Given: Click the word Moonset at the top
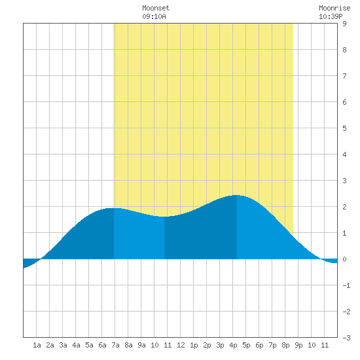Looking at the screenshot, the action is click(x=156, y=8).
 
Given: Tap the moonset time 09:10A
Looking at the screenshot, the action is click(x=154, y=16).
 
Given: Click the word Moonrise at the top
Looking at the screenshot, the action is click(x=334, y=8).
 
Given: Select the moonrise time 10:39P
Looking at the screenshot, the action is click(x=331, y=16).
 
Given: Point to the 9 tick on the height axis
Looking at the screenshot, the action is click(x=344, y=24).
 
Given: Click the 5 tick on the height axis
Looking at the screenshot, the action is click(x=344, y=128).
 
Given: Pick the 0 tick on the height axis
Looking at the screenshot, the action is click(x=344, y=259).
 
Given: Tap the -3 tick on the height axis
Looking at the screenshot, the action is click(x=346, y=338).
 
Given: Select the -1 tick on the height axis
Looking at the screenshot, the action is click(x=346, y=285).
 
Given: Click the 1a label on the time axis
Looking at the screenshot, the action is click(x=37, y=345).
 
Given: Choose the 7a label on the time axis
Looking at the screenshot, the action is click(x=115, y=345).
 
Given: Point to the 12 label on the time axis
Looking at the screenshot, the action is click(x=181, y=345).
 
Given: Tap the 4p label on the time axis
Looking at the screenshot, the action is click(x=233, y=345).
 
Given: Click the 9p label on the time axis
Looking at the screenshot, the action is click(x=298, y=345).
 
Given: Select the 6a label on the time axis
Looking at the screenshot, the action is click(x=102, y=345).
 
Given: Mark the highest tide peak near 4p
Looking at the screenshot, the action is click(x=236, y=195).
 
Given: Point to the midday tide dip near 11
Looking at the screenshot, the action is click(x=164, y=217).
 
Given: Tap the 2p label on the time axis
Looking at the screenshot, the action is click(x=207, y=345).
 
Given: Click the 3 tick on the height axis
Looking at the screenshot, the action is click(x=344, y=181).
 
